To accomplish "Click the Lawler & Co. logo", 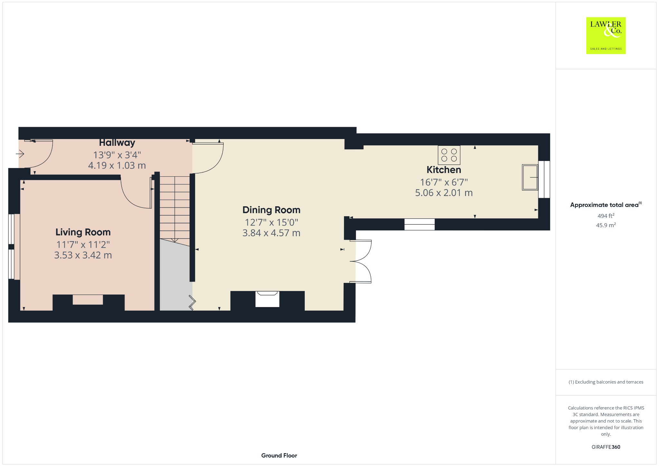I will click(606, 35).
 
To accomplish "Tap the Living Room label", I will click(83, 232).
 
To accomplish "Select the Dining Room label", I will click(271, 210).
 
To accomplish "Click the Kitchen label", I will click(444, 170).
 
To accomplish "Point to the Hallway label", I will click(117, 143).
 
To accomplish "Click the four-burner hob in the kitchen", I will click(449, 155).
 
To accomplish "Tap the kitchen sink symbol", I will click(530, 177).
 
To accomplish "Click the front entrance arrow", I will click(20, 154).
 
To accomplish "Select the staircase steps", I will click(175, 208).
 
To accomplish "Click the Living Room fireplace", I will click(88, 300).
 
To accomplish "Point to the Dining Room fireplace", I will click(267, 299).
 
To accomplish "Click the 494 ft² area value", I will click(606, 216).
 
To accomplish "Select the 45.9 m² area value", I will click(606, 225).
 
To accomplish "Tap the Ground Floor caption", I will click(279, 455).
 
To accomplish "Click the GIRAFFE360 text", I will click(606, 447).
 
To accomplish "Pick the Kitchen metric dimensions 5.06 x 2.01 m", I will click(444, 193).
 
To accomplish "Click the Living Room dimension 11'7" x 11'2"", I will click(83, 245).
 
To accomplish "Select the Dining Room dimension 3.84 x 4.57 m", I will click(271, 233).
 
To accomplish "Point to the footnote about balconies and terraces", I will click(606, 382).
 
